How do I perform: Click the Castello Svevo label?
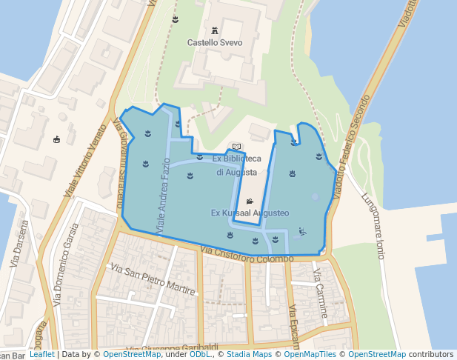pyautogui.click(x=214, y=43)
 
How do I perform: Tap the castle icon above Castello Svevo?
pyautogui.click(x=215, y=31)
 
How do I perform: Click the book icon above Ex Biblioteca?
pyautogui.click(x=236, y=147)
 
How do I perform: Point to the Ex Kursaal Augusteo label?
pyautogui.click(x=250, y=213)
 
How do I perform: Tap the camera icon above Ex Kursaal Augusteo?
pyautogui.click(x=250, y=201)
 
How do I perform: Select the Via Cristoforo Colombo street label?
pyautogui.click(x=247, y=256)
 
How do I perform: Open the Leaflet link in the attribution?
pyautogui.click(x=41, y=355)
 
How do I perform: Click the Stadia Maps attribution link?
pyautogui.click(x=250, y=355)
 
